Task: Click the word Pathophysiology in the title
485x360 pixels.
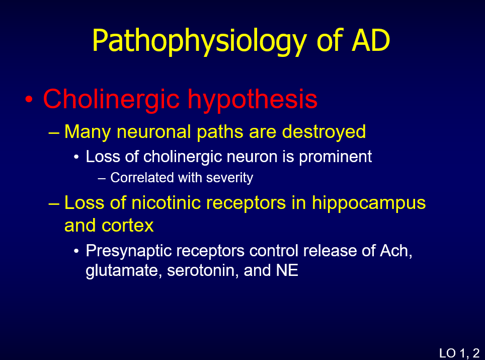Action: (200, 41)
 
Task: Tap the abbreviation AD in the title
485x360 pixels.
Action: (371, 40)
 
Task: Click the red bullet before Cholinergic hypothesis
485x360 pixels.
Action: (29, 99)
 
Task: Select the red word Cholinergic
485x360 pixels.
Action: (111, 99)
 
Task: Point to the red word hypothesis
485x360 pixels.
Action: (253, 99)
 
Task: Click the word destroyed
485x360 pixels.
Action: (324, 131)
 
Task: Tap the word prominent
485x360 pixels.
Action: (335, 157)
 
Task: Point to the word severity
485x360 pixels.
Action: (229, 178)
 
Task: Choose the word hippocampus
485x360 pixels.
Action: (369, 204)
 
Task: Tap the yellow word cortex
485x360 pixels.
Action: (128, 226)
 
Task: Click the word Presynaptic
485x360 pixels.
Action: (129, 251)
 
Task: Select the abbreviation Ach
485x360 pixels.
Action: (396, 251)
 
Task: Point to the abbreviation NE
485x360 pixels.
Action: (287, 270)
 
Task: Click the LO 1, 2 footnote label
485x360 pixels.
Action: (459, 353)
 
